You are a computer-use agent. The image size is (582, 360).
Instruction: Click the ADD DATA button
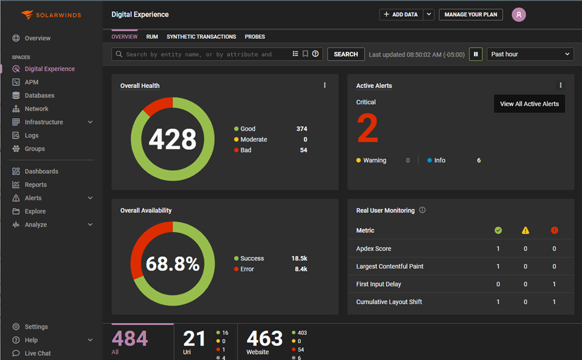coord(401,14)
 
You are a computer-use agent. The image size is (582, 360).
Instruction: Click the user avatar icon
coord(519,15)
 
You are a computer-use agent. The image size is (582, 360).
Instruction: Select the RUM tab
coord(152,37)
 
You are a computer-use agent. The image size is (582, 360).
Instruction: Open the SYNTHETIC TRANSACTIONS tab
coord(201,37)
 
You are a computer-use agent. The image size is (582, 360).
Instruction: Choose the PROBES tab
coord(255,37)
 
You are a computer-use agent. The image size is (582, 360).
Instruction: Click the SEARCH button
coord(346,54)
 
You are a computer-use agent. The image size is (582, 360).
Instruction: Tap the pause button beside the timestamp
coord(476,54)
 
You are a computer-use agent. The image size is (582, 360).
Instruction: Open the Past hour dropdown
coord(530,54)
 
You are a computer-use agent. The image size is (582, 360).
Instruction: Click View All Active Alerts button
coord(529,104)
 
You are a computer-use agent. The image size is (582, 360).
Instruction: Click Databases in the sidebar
coord(39,96)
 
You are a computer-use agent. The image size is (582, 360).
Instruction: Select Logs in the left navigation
coord(32,136)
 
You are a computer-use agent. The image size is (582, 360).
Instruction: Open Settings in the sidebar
coord(36,327)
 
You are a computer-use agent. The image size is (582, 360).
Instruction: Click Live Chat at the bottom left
coord(38,353)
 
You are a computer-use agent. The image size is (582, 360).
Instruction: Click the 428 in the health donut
coord(173,140)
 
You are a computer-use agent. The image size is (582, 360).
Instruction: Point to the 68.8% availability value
coord(173,264)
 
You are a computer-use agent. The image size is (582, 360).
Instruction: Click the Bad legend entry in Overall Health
coord(245,150)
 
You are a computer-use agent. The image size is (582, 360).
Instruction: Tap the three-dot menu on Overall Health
coord(325,85)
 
